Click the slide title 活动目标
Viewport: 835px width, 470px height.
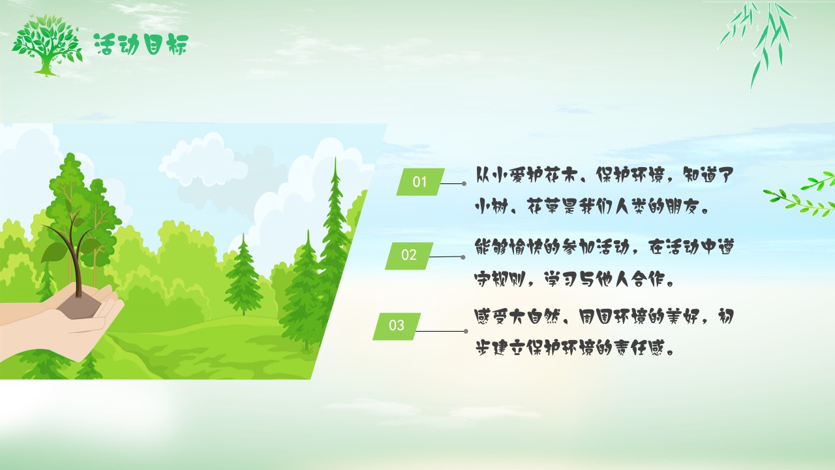tap(142, 44)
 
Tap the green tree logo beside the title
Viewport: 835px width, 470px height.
tap(47, 46)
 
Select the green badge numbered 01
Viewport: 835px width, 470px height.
tap(421, 181)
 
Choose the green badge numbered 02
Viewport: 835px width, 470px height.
tap(409, 255)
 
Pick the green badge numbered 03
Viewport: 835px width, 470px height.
tap(397, 326)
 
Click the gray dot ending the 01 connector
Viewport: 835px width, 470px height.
tap(464, 183)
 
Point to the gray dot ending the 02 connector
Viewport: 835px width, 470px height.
tap(463, 257)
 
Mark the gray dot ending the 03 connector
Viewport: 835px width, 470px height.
tap(466, 331)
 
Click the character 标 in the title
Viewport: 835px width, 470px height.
tap(176, 45)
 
